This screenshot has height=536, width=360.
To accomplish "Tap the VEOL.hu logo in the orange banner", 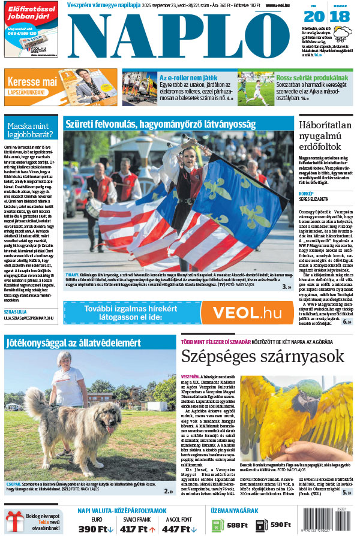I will click(x=247, y=312).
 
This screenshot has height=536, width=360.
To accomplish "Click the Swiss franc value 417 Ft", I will click(x=137, y=529).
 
